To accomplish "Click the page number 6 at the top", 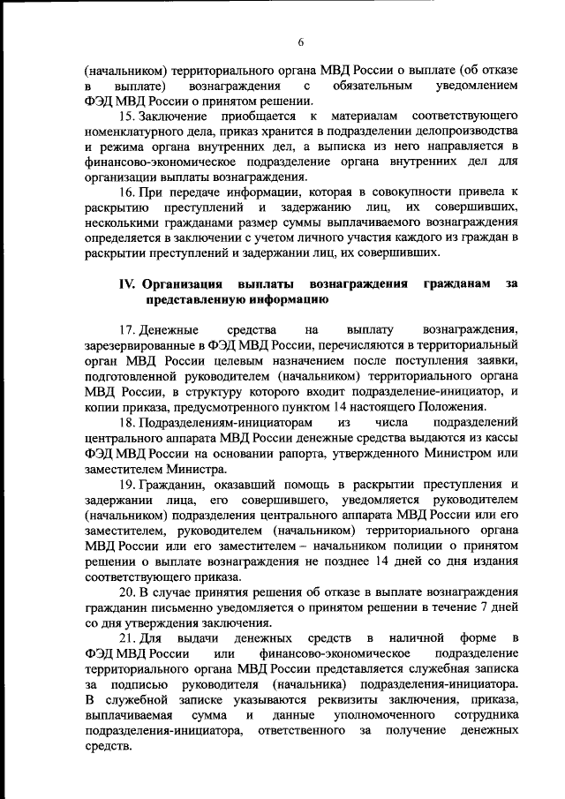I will (x=300, y=41).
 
